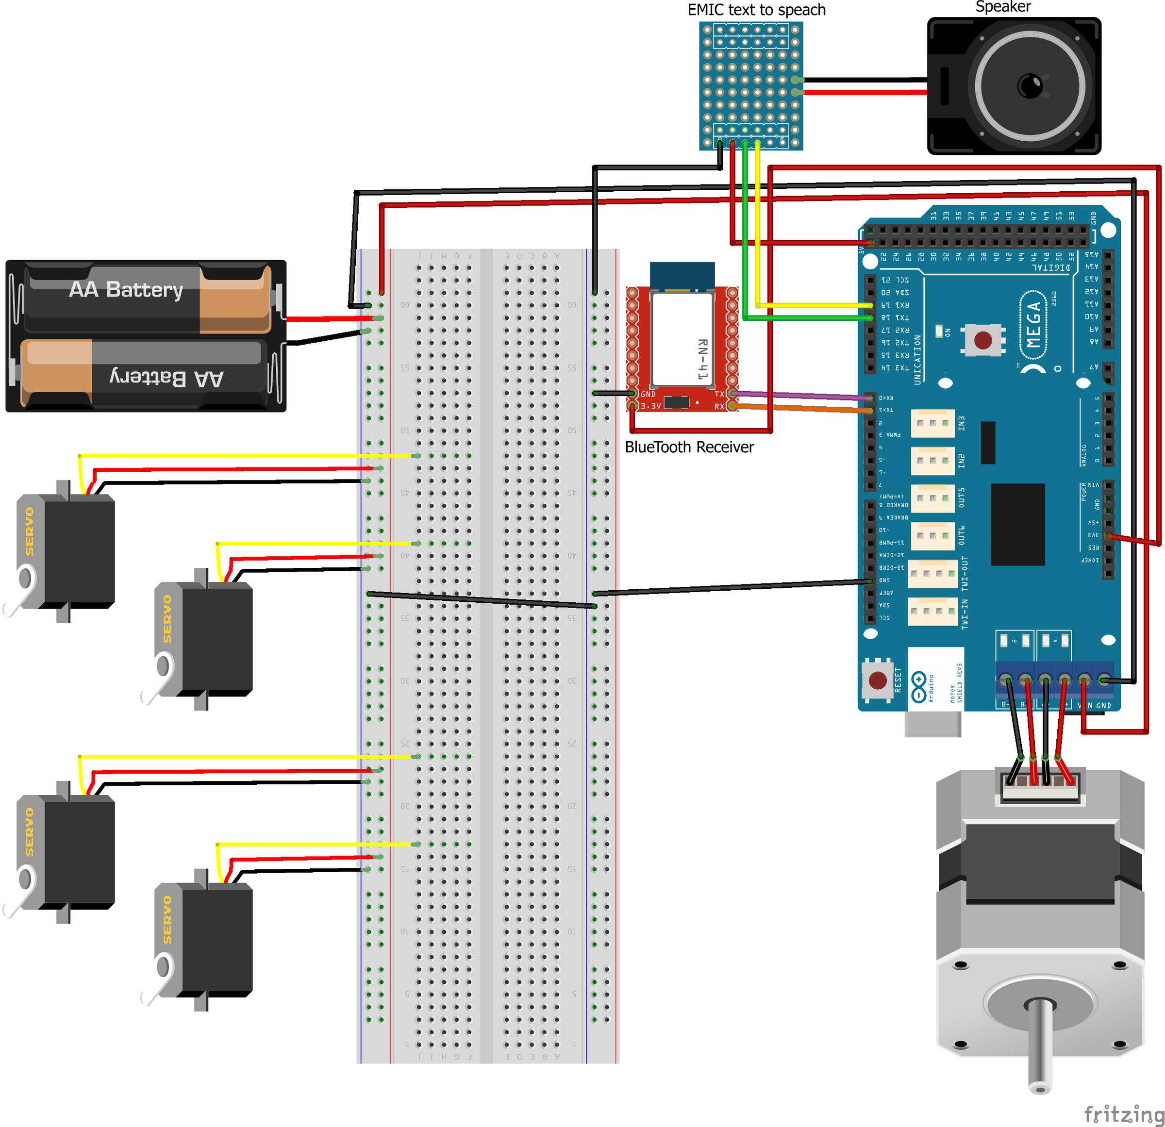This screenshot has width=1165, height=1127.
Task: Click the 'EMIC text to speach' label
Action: coord(756,10)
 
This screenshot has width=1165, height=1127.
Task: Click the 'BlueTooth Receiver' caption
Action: coord(689,447)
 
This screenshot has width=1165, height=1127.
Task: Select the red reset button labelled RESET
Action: coord(877,680)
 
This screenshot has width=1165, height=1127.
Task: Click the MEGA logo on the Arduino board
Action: coord(1033,325)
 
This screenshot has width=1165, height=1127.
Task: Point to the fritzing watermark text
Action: coord(1123,1114)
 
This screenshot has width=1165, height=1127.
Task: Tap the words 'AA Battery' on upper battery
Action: coord(126,289)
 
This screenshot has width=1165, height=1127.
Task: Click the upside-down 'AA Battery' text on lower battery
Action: coord(166,378)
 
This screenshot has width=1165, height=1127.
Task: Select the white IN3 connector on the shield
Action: coord(932,423)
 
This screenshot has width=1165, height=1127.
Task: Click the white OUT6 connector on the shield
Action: coord(932,537)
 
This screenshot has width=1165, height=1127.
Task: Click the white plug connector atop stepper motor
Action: coord(1040,783)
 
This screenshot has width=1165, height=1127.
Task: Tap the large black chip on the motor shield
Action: coord(1017,524)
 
